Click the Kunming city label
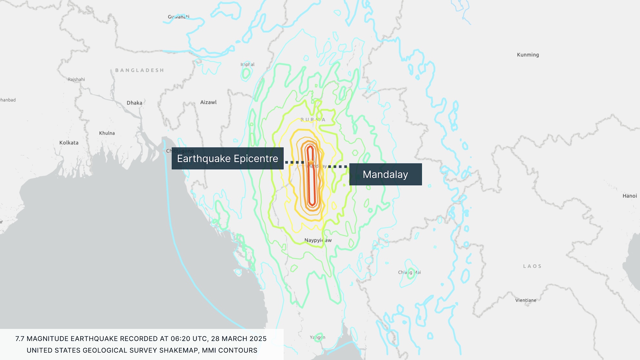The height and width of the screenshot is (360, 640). [528, 55]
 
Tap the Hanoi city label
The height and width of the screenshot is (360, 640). [629, 196]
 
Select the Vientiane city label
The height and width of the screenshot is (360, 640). [525, 300]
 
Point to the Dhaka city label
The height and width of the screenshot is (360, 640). [134, 103]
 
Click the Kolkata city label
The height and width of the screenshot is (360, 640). [69, 143]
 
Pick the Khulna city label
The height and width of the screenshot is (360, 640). [107, 133]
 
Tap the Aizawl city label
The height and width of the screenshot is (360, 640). [208, 102]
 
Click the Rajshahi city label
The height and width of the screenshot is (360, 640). [76, 79]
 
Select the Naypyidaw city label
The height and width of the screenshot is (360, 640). [318, 240]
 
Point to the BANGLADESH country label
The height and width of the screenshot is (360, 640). [139, 70]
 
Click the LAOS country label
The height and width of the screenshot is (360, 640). [532, 266]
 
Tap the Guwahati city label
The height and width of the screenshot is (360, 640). [178, 17]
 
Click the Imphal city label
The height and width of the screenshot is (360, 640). [247, 65]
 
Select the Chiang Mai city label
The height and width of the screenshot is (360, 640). [409, 272]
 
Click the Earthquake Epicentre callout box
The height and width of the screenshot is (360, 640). [227, 158]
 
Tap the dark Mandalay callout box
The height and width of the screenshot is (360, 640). [385, 174]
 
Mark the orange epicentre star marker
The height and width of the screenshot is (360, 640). [311, 162]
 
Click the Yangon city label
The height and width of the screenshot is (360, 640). [317, 337]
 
